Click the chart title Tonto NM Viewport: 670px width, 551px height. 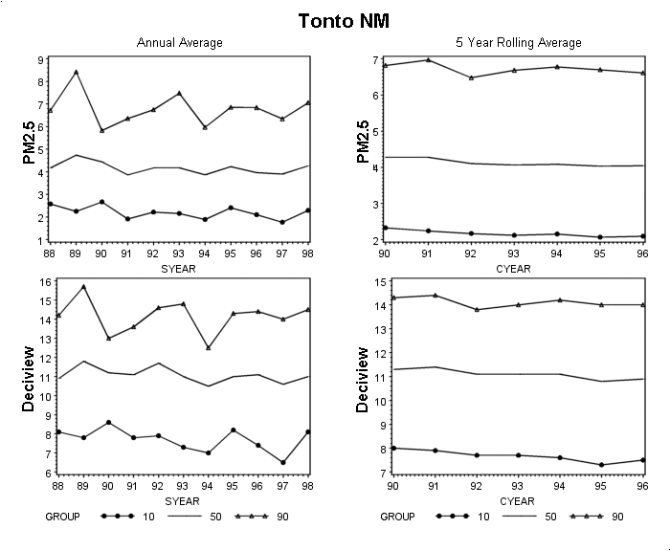344,21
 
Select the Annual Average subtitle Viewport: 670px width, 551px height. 180,43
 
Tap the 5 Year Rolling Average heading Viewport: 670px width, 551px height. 519,43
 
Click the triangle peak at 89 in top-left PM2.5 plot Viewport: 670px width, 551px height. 76,72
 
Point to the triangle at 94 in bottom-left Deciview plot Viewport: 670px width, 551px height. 209,347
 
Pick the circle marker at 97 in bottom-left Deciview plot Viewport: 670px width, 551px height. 283,462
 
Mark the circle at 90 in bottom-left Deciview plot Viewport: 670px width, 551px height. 108,423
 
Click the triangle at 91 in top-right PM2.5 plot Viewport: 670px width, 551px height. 428,60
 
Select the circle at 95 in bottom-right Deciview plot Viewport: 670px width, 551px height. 601,465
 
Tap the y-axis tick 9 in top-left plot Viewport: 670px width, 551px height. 41,60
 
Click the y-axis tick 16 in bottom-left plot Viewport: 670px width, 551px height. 45,282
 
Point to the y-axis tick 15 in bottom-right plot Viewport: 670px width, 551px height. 380,282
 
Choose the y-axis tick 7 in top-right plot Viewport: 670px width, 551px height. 375,60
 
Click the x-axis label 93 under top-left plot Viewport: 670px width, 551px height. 178,253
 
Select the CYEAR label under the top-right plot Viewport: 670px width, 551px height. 513,269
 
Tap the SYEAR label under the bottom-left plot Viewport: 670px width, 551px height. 182,501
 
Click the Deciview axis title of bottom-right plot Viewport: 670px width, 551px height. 362,380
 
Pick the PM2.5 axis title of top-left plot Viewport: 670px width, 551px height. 29,143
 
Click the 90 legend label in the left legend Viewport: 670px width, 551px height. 282,517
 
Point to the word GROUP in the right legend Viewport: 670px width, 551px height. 397,517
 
